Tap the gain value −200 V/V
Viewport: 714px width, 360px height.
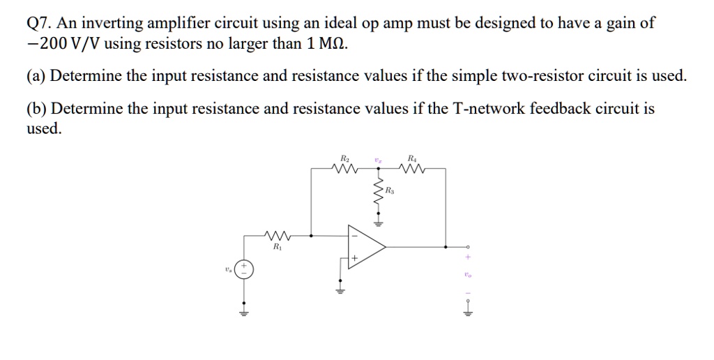pyautogui.click(x=62, y=44)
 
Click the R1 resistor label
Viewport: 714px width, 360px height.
pyautogui.click(x=276, y=246)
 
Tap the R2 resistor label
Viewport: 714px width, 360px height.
pyautogui.click(x=344, y=158)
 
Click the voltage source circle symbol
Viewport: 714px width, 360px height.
pyautogui.click(x=244, y=269)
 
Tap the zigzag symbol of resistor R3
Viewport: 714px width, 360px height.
pyautogui.click(x=379, y=197)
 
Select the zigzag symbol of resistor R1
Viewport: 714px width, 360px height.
pyautogui.click(x=277, y=236)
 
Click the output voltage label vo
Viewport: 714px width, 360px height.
pyautogui.click(x=468, y=275)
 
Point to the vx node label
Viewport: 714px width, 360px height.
pyautogui.click(x=378, y=159)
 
